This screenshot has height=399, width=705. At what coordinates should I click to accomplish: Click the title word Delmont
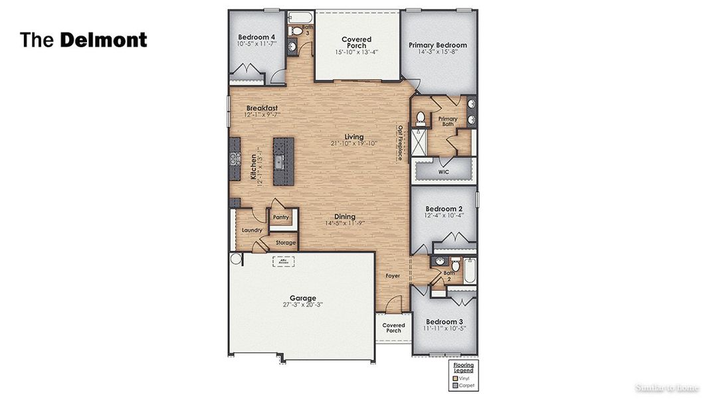click(104, 40)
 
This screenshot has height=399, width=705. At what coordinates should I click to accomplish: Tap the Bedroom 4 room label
click(256, 37)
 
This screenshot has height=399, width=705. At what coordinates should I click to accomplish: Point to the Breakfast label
click(262, 108)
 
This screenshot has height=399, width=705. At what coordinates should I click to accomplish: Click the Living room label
click(353, 136)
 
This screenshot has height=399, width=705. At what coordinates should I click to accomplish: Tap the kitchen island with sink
click(283, 160)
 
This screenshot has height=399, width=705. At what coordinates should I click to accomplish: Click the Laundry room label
click(252, 231)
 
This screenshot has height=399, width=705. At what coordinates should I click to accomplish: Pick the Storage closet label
click(286, 243)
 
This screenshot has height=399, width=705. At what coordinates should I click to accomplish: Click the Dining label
click(344, 217)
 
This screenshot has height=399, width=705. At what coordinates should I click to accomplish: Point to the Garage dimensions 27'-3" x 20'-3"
click(302, 305)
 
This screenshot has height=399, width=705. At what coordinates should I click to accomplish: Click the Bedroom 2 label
click(443, 207)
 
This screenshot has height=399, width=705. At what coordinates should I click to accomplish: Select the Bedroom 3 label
click(444, 321)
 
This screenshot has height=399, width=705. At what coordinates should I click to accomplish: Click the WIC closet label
click(444, 172)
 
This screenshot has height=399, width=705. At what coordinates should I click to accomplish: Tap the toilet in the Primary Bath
click(420, 119)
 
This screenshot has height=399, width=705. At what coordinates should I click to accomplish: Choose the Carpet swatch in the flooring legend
click(456, 385)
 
